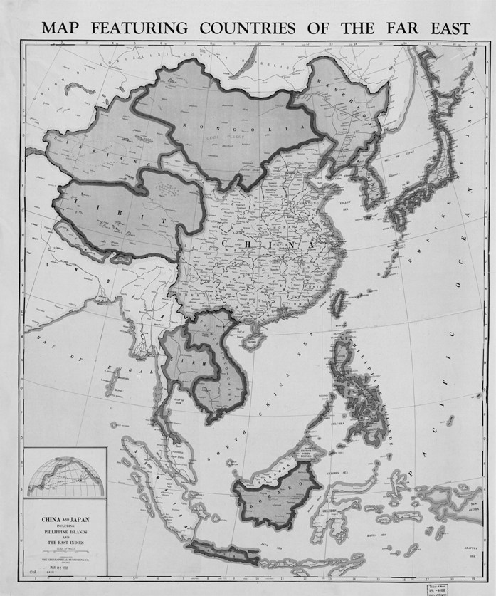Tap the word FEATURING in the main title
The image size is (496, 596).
tap(139, 28)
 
